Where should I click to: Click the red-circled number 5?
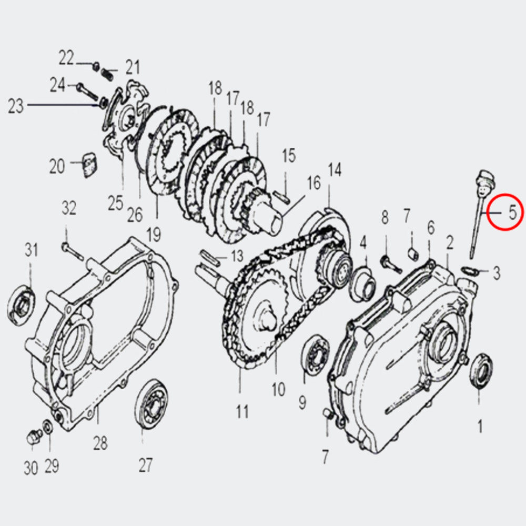pyautogui.click(x=512, y=213)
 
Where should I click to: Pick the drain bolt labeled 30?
pyautogui.click(x=34, y=437)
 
